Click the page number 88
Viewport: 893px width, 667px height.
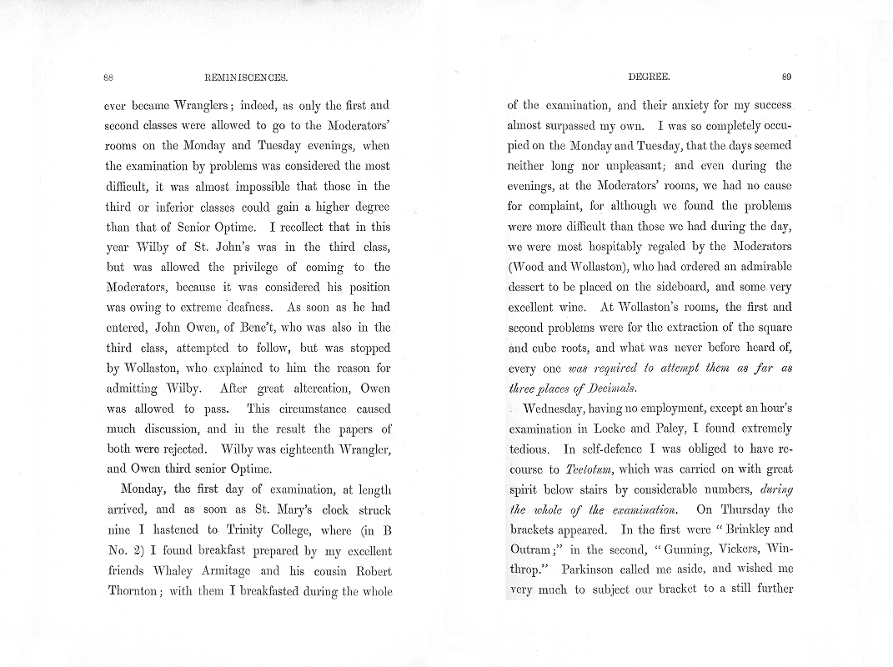tap(108, 78)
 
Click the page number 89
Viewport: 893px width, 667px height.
tap(786, 78)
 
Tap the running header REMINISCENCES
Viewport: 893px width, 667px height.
tap(245, 78)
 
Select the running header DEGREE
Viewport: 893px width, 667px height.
tap(648, 78)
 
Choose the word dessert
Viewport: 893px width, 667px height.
tap(528, 287)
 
